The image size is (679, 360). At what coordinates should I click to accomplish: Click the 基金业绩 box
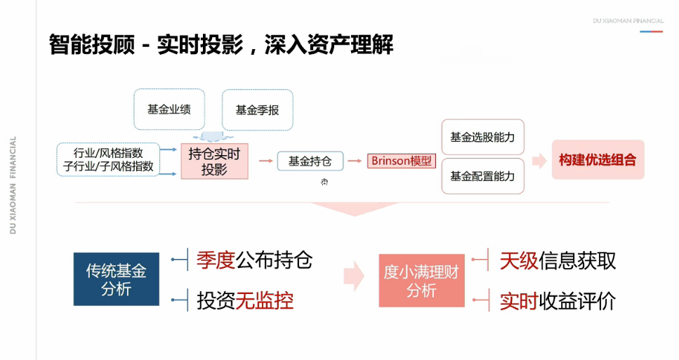pyautogui.click(x=169, y=109)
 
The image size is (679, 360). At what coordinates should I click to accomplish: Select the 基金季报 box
pyautogui.click(x=257, y=110)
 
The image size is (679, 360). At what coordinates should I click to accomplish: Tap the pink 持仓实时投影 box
pyautogui.click(x=214, y=161)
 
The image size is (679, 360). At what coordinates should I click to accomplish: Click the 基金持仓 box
pyautogui.click(x=310, y=161)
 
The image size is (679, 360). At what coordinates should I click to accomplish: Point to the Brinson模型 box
pyautogui.click(x=402, y=161)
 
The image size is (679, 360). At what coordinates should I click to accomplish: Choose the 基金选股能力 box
pyautogui.click(x=482, y=137)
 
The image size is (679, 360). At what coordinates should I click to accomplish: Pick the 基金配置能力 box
pyautogui.click(x=482, y=176)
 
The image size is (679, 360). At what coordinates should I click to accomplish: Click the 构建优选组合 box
pyautogui.click(x=598, y=160)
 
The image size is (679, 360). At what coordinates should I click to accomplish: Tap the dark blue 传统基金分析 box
pyautogui.click(x=116, y=279)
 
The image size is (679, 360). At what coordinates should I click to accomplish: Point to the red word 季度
pyautogui.click(x=216, y=261)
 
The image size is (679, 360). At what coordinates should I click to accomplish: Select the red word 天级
pyautogui.click(x=519, y=261)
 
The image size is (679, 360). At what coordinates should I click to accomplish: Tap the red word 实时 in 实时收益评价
pyautogui.click(x=519, y=301)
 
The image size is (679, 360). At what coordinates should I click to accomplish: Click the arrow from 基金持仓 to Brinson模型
pyautogui.click(x=356, y=161)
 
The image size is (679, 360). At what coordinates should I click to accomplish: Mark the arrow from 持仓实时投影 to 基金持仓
pyautogui.click(x=265, y=161)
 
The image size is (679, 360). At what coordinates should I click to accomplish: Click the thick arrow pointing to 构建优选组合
pyautogui.click(x=539, y=161)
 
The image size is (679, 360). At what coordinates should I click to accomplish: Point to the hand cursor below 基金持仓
pyautogui.click(x=324, y=182)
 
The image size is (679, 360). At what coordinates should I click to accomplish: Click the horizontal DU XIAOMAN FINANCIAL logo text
pyautogui.click(x=628, y=21)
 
